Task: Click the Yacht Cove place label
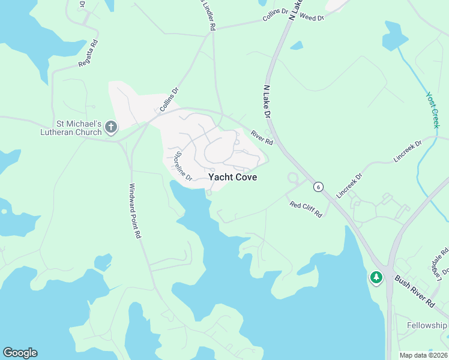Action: click(x=233, y=178)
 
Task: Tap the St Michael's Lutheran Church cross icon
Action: click(x=110, y=127)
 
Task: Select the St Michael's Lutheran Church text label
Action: click(x=72, y=127)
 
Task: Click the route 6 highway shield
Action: click(x=318, y=187)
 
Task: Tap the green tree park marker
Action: click(x=376, y=277)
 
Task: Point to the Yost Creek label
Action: click(x=433, y=110)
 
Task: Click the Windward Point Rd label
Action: click(x=135, y=212)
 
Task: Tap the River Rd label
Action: click(x=262, y=138)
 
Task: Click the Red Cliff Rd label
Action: click(x=306, y=209)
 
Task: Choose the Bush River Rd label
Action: click(x=414, y=292)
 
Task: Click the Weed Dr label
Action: click(x=312, y=18)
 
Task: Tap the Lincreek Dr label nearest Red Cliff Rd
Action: click(x=350, y=186)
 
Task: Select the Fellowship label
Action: click(x=427, y=325)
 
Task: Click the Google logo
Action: click(x=20, y=353)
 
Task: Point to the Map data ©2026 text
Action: click(x=424, y=355)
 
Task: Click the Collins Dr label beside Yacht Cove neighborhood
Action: click(x=169, y=100)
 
